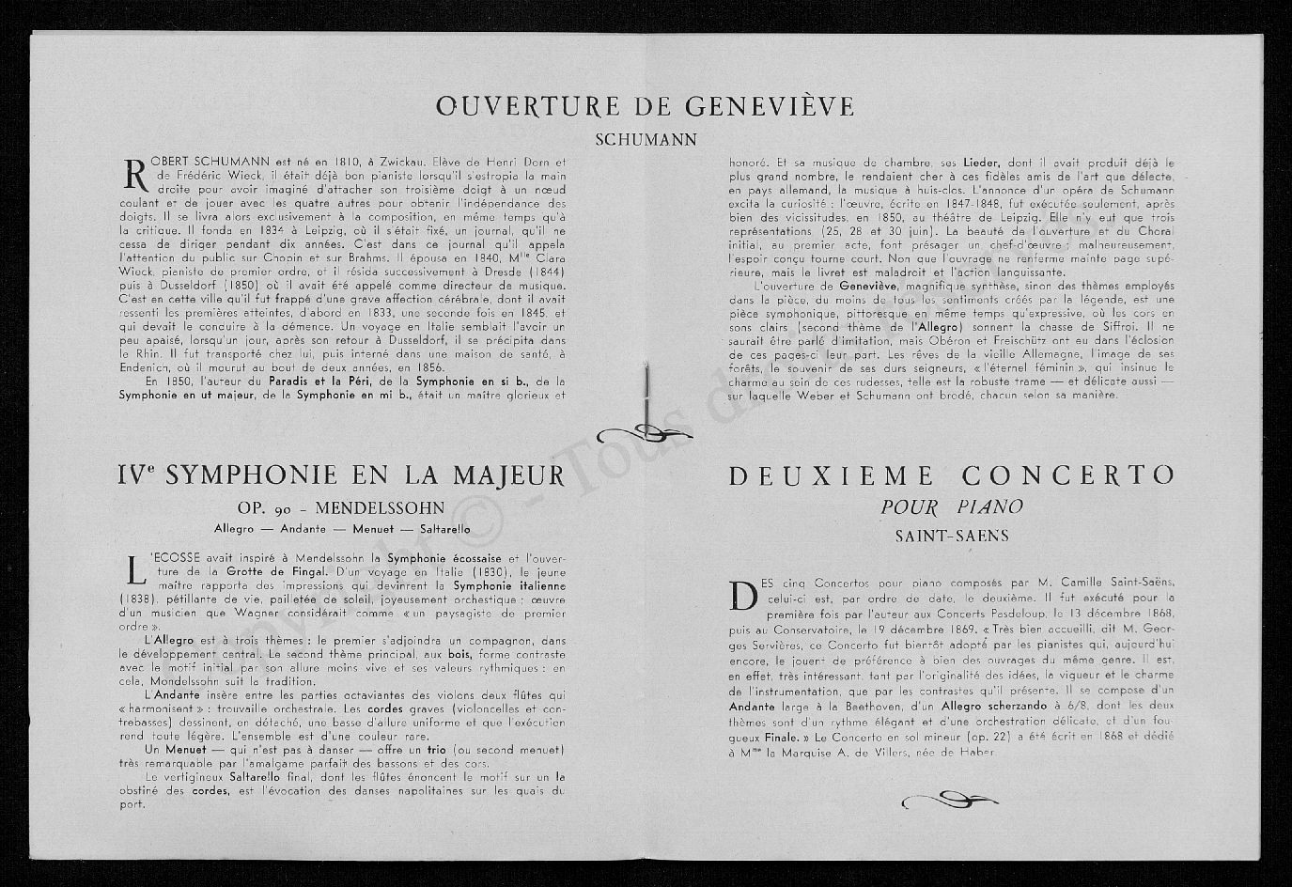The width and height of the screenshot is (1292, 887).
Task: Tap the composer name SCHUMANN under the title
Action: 646,140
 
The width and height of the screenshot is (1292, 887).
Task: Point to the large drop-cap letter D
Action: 742,595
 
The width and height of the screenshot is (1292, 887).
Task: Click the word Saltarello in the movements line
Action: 440,529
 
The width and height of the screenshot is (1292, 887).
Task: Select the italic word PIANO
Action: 989,507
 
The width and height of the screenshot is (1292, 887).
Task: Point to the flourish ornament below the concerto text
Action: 947,801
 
